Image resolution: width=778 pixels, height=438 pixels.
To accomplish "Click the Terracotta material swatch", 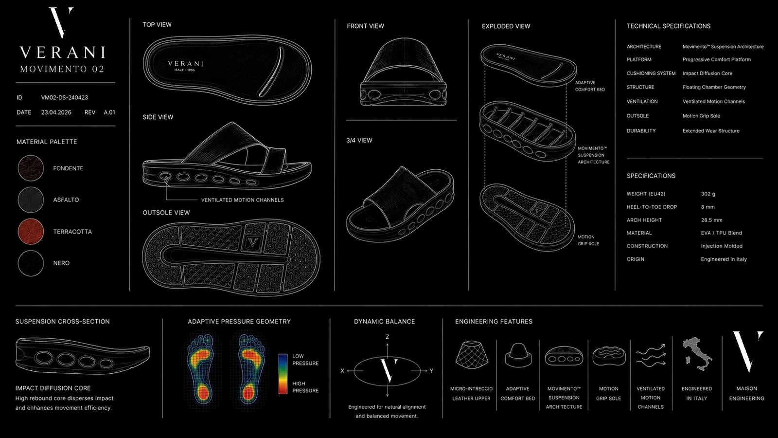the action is [31, 232].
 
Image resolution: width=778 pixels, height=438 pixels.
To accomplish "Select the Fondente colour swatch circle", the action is [31, 168].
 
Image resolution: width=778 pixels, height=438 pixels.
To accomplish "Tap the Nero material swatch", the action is [31, 263].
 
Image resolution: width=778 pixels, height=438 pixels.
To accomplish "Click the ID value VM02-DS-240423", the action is [65, 98].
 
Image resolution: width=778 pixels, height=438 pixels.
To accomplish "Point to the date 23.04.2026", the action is [56, 112].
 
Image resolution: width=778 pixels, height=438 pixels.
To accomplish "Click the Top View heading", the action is [157, 25].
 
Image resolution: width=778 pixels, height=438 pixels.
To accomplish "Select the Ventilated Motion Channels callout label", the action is [243, 200].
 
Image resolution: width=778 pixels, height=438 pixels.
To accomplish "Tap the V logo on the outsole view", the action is [252, 242].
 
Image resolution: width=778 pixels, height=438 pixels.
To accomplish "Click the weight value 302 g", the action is [708, 194].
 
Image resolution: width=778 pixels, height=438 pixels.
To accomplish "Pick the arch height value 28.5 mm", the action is [712, 220].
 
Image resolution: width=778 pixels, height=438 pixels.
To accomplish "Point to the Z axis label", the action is [387, 337].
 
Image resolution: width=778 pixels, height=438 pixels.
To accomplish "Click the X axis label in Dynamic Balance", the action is [342, 371].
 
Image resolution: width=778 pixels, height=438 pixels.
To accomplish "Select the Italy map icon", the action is [697, 354].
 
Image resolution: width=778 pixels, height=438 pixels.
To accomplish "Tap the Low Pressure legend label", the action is [305, 360].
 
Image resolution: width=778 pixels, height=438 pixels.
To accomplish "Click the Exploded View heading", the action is [506, 26].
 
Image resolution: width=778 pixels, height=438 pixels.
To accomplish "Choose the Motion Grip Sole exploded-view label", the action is [588, 240].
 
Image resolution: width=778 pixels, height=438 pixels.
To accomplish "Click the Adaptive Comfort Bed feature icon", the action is [518, 355].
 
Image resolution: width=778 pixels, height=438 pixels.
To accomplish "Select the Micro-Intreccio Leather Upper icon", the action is [471, 354].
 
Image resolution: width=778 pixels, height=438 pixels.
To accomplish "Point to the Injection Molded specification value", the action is [722, 246].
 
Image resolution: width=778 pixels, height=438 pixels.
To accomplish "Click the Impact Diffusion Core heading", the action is [53, 388].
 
